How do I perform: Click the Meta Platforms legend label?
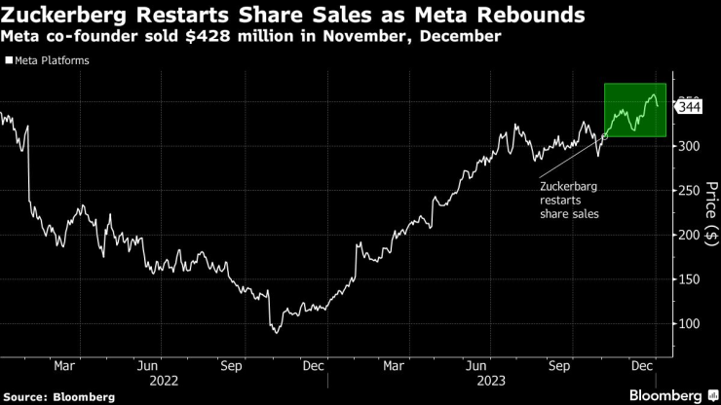coord(49,61)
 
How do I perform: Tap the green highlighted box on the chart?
coord(635,109)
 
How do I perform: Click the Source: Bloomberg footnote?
coord(58,396)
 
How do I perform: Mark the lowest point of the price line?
coord(277,333)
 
